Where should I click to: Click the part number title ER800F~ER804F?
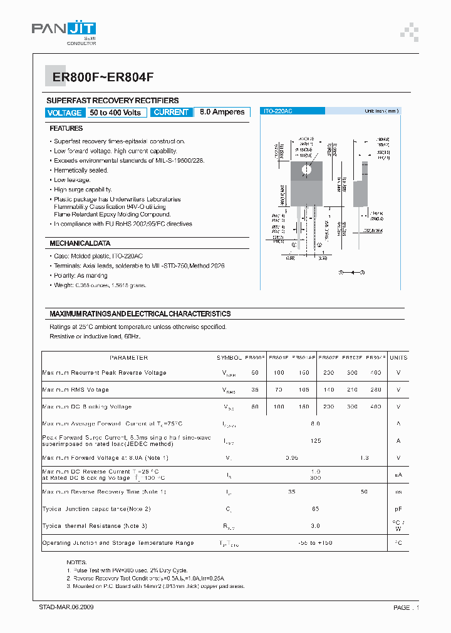98,77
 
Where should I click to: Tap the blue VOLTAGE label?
65,113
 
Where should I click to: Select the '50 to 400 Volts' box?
115,113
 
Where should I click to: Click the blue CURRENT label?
171,113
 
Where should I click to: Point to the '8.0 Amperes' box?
222,113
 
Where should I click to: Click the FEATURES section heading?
66,128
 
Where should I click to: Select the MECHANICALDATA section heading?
80,243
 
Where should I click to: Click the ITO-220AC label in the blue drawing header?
277,111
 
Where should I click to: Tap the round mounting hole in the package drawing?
307,170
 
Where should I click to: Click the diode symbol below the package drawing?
351,273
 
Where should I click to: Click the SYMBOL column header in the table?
229,358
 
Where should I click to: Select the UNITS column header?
398,358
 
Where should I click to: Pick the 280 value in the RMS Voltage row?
375,390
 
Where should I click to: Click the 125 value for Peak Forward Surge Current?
315,441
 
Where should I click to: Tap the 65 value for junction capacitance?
315,509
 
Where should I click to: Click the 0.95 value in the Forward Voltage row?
291,458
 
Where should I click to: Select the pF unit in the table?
398,509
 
